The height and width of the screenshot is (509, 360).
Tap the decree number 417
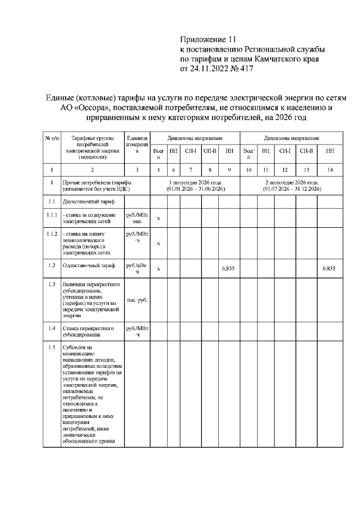coord(247,69)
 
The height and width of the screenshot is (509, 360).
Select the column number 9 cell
coord(229,169)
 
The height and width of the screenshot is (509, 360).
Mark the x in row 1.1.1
coord(158,218)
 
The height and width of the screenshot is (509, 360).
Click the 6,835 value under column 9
coord(228,269)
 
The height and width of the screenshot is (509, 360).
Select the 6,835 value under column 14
coord(329,269)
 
